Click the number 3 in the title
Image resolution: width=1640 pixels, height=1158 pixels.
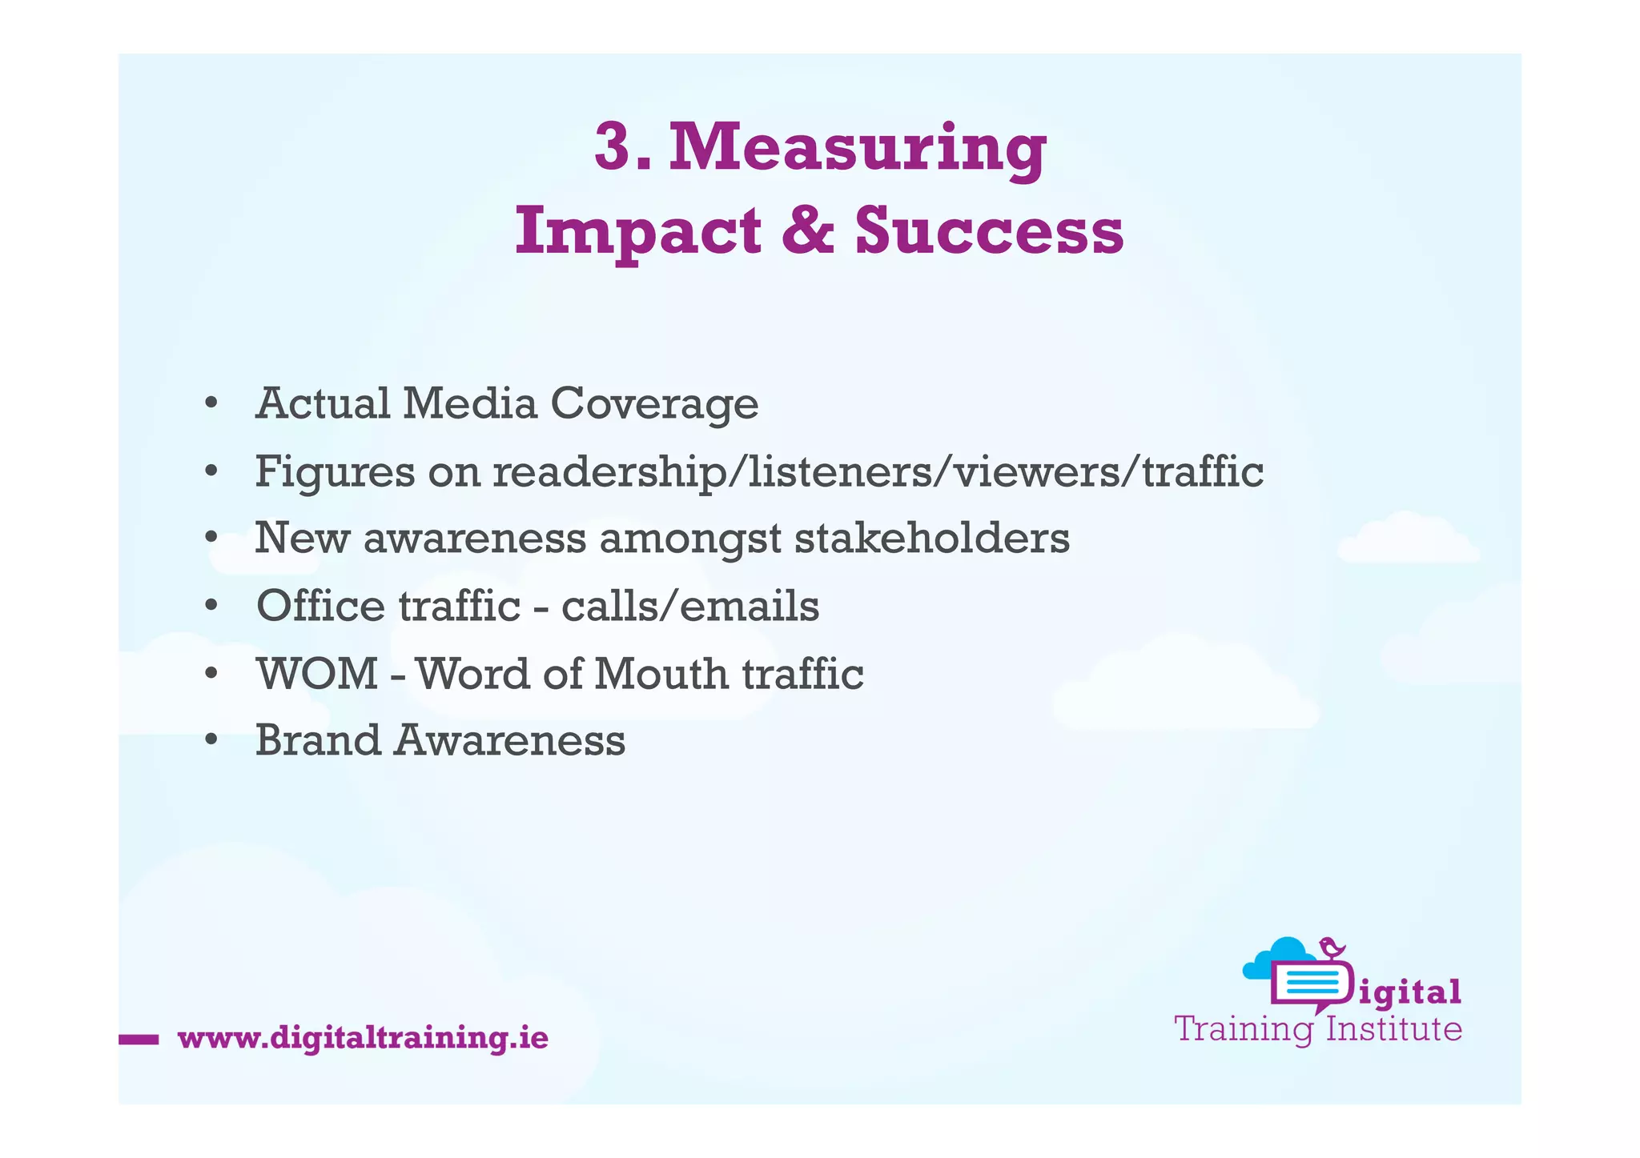coord(614,148)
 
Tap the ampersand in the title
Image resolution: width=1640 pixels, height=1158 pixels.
coord(807,231)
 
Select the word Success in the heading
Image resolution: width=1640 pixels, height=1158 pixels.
coord(989,231)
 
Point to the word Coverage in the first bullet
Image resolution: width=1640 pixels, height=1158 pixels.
coord(654,404)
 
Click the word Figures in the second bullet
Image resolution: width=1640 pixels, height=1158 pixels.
coord(335,472)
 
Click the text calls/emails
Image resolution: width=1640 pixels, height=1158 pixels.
coord(689,606)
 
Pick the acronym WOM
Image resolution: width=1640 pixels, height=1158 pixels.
coord(317,674)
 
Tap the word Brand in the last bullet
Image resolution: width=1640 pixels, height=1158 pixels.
coord(318,740)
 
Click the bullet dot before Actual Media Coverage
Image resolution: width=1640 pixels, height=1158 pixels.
coord(211,403)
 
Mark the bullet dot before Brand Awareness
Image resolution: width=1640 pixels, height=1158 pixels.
coord(211,740)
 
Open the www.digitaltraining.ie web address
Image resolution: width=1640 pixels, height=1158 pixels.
coord(363,1038)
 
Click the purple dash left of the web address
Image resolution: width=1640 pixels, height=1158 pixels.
coord(139,1040)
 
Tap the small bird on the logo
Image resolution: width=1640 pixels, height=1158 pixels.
coord(1332,948)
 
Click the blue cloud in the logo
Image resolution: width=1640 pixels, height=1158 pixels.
coord(1273,958)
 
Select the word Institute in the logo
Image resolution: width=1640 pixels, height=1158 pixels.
coord(1393,1029)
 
